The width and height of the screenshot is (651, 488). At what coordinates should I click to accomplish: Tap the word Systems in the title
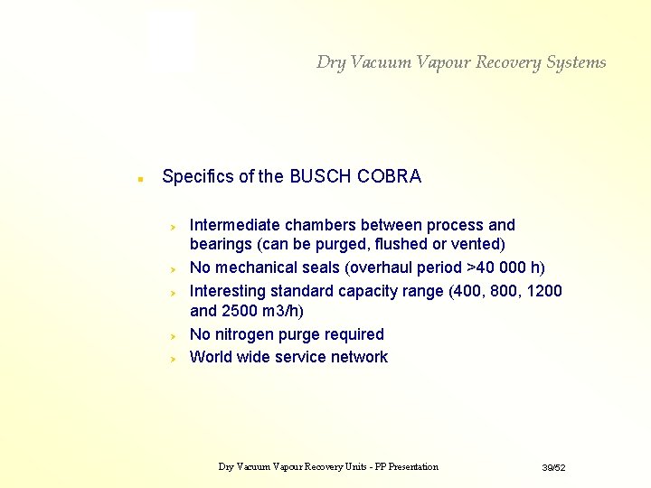(x=576, y=62)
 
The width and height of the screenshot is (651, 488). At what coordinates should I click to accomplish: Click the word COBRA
(x=389, y=176)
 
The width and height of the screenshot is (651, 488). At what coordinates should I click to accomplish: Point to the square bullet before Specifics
(x=138, y=178)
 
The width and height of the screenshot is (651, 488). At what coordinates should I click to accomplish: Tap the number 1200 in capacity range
(x=542, y=291)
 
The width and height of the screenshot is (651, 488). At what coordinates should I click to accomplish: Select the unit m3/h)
(x=280, y=312)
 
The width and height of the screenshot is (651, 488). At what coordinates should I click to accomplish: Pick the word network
(x=359, y=357)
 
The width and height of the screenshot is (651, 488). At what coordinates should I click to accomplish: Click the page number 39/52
(x=553, y=467)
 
